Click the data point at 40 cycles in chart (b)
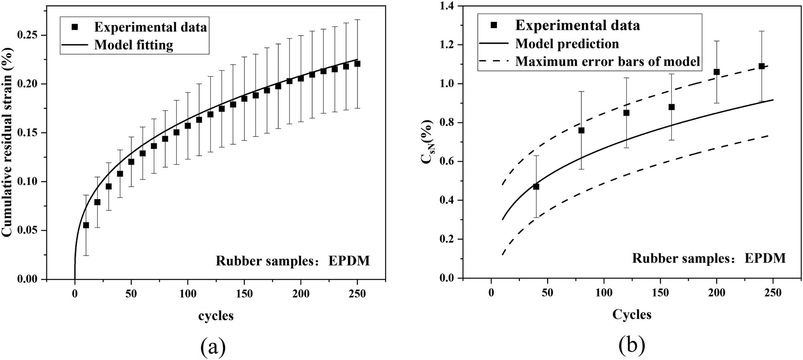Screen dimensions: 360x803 pyautogui.click(x=536, y=187)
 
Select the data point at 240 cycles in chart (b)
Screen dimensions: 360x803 pyautogui.click(x=762, y=66)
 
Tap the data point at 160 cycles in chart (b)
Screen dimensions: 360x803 pyautogui.click(x=671, y=107)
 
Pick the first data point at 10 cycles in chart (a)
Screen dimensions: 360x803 pyautogui.click(x=86, y=225)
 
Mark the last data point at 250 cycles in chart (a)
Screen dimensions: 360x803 pyautogui.click(x=357, y=64)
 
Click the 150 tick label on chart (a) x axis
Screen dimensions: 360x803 pyautogui.click(x=244, y=294)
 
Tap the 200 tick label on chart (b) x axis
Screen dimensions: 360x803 pyautogui.click(x=717, y=293)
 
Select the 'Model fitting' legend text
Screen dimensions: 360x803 pyautogui.click(x=134, y=45)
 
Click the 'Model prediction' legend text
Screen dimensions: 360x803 pyautogui.click(x=567, y=43)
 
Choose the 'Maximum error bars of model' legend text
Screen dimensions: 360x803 pyautogui.click(x=607, y=61)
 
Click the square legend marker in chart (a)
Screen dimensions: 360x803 pyautogui.click(x=74, y=27)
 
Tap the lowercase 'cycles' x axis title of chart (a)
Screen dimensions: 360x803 pyautogui.click(x=216, y=316)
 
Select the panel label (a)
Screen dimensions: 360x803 pyautogui.click(x=213, y=347)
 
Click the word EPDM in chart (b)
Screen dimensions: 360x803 pyautogui.click(x=765, y=258)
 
